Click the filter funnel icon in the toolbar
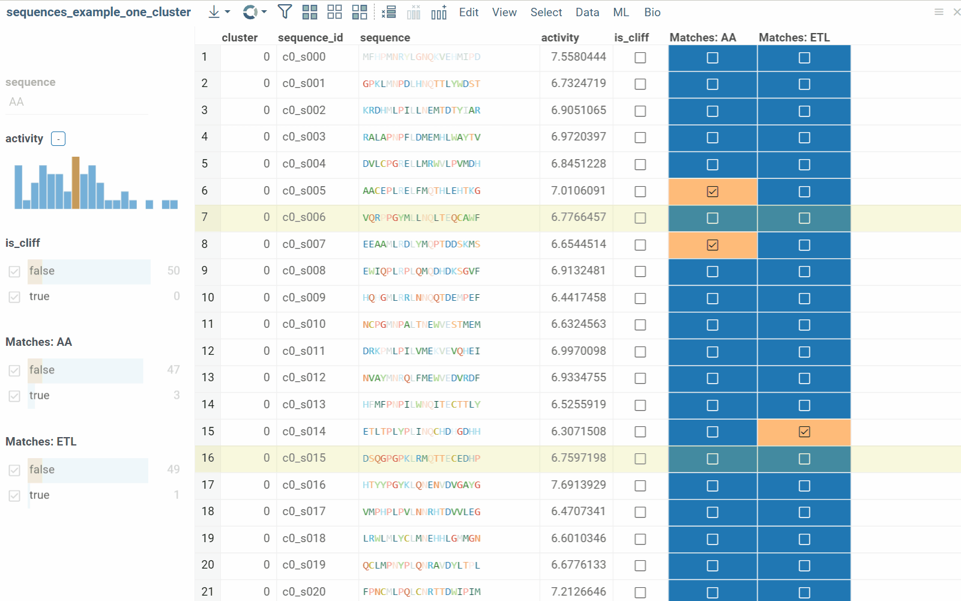click(285, 12)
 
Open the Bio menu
click(652, 12)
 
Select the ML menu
click(621, 12)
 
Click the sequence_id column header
click(310, 37)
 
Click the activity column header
click(560, 37)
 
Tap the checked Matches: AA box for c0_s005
click(712, 192)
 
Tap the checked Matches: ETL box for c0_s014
click(804, 432)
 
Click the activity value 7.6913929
click(578, 485)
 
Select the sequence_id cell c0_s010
click(304, 324)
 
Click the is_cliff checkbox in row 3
click(640, 111)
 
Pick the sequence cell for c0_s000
click(421, 57)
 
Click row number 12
click(208, 351)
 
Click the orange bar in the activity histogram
click(76, 183)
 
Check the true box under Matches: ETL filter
click(14, 495)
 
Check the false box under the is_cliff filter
click(14, 271)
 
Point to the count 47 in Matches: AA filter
click(173, 370)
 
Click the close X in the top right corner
click(956, 12)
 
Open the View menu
click(504, 12)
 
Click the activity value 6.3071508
click(578, 431)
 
